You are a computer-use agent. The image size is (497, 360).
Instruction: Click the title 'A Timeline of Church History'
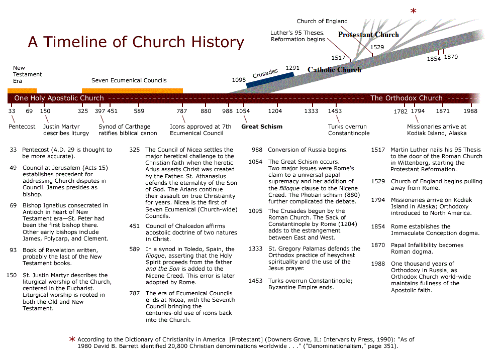136,42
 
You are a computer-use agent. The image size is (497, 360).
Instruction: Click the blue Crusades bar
270,80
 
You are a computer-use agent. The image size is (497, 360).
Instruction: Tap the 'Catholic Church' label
334,70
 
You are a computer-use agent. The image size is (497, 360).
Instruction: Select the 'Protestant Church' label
368,35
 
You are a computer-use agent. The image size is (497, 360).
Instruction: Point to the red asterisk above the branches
414,11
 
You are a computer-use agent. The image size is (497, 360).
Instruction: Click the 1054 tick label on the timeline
243,111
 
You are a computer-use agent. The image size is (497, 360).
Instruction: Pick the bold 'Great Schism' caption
262,127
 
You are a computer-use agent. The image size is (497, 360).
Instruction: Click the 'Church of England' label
322,21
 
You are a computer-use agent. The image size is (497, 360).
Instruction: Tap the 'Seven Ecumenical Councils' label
129,80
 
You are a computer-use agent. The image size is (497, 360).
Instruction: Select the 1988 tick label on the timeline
470,111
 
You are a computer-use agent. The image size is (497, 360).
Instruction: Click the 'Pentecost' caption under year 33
22,127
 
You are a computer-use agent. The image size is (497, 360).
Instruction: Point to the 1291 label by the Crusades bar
292,68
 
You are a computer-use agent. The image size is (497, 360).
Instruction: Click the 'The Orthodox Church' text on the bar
406,98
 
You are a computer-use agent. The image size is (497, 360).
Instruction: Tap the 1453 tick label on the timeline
335,111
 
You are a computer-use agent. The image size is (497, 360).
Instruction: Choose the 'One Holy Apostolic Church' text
59,98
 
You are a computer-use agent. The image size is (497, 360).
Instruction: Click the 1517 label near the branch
339,58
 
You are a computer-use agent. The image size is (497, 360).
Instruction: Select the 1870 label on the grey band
451,57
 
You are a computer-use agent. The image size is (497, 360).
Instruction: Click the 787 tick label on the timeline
182,111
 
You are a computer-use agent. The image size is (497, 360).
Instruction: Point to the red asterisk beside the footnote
72,339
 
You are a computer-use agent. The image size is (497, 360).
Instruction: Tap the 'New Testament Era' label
28,74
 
